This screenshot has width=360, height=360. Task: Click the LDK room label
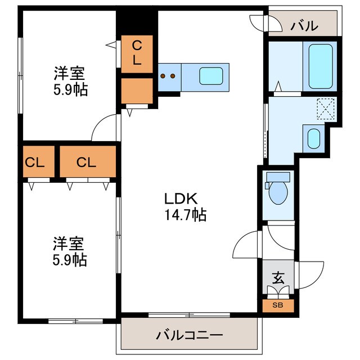pyautogui.click(x=180, y=199)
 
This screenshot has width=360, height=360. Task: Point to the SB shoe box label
pyautogui.click(x=278, y=306)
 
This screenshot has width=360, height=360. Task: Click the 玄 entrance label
pyautogui.click(x=278, y=278)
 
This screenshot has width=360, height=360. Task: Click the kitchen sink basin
pyautogui.click(x=211, y=76)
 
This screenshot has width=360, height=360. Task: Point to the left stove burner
pyautogui.click(x=163, y=76)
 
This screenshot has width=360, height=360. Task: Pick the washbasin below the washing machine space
pyautogui.click(x=313, y=137)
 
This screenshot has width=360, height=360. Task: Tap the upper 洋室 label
pyautogui.click(x=69, y=73)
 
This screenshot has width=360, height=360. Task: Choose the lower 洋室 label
pyautogui.click(x=69, y=244)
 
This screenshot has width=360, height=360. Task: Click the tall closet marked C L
pyautogui.click(x=137, y=53)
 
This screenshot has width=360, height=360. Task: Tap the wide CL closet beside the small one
pyautogui.click(x=87, y=163)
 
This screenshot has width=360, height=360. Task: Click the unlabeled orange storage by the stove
pyautogui.click(x=137, y=90)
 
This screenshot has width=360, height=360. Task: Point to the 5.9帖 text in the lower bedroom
pyautogui.click(x=70, y=260)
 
